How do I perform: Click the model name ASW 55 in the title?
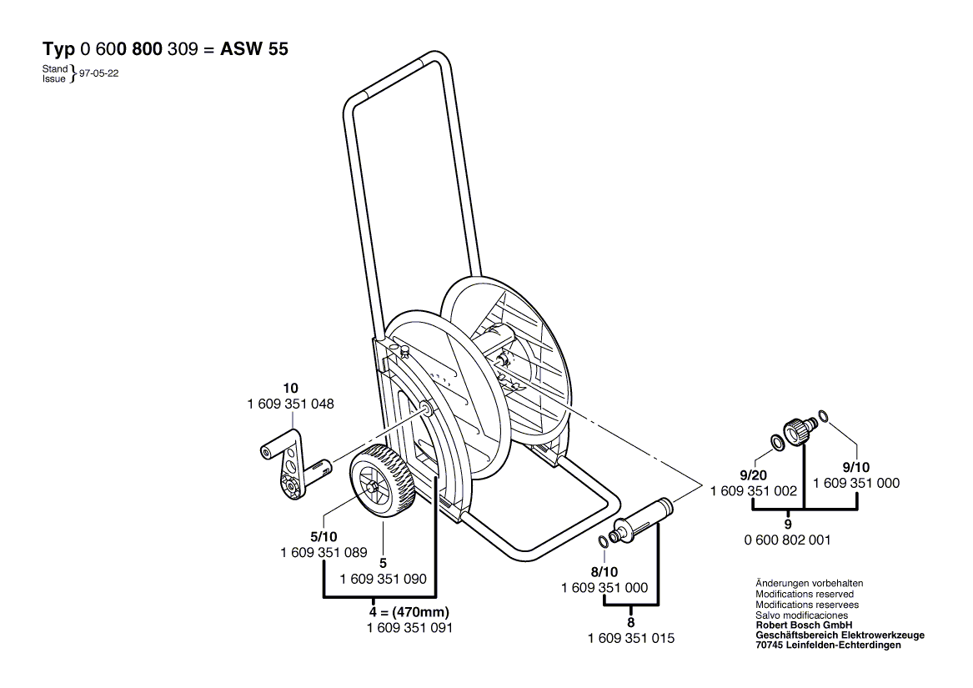click(254, 50)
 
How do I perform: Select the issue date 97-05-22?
click(98, 73)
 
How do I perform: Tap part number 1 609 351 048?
click(290, 404)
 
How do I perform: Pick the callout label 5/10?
click(324, 537)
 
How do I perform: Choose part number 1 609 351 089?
click(324, 553)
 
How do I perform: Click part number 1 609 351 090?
click(384, 579)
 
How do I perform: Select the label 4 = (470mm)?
click(409, 612)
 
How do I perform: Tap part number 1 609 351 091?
click(409, 628)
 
